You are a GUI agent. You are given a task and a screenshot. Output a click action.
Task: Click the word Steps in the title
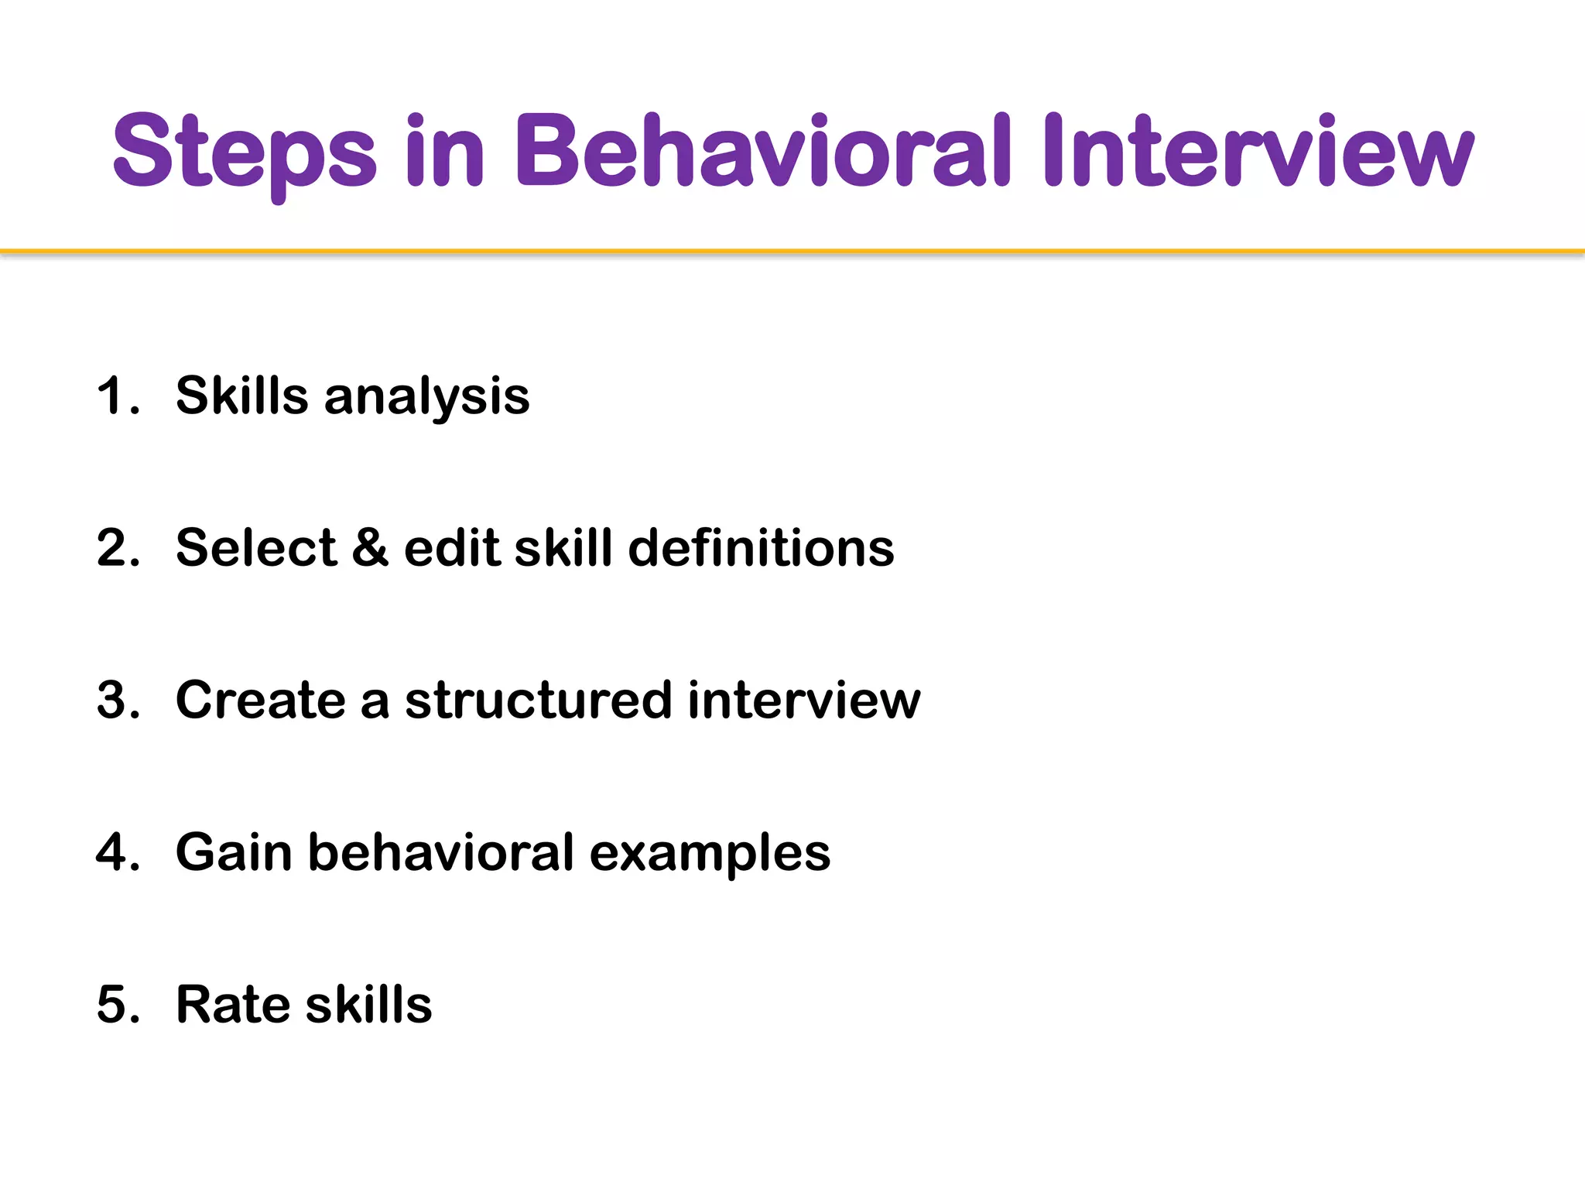coord(245,152)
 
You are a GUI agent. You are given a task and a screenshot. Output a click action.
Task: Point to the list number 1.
coord(116,396)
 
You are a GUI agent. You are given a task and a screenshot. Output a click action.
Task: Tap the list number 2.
coord(118,548)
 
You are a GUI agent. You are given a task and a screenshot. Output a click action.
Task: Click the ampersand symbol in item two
coord(370,548)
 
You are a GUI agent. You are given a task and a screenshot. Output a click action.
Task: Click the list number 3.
coord(118,700)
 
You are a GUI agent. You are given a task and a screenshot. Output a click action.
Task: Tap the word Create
coord(260,700)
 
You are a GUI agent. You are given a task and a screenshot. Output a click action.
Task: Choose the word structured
coord(539,700)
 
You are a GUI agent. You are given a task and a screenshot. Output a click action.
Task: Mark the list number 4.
coord(118,852)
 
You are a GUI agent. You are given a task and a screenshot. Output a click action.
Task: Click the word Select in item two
coord(256,548)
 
